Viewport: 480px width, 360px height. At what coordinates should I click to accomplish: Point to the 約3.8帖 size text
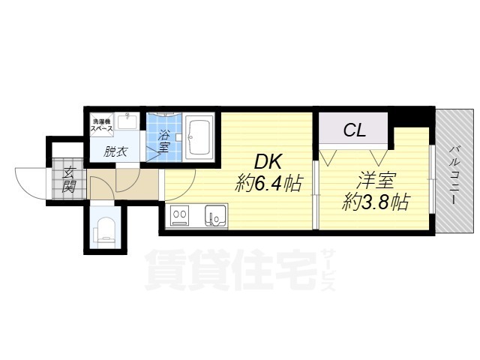(373, 201)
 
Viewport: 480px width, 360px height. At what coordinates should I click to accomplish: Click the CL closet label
(354, 130)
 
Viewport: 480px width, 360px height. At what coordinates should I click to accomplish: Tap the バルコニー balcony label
(454, 171)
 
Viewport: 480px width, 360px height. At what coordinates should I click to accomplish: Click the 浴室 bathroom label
(164, 140)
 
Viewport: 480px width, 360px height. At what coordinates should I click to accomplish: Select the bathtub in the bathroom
(199, 137)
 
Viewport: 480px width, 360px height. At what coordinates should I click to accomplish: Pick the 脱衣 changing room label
(115, 151)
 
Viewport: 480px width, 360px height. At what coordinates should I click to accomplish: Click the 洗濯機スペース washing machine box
(103, 125)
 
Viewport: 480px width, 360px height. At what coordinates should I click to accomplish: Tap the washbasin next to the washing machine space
(128, 119)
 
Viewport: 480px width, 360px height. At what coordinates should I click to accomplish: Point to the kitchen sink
(217, 216)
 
